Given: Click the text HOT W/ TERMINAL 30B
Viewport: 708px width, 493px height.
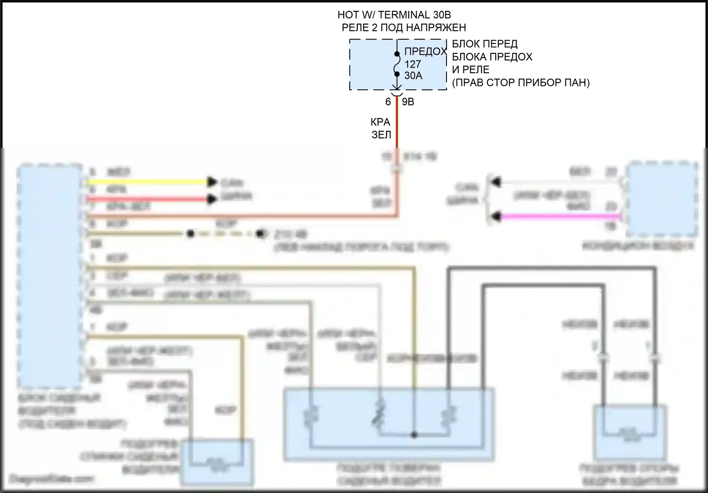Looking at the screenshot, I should [x=391, y=15].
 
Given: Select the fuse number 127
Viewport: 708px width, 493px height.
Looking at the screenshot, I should [x=412, y=64].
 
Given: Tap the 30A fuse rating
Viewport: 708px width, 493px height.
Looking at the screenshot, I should [x=413, y=76].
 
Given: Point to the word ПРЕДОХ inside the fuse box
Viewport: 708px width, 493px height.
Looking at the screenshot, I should [x=425, y=52].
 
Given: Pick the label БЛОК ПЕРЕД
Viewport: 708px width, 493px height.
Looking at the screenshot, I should [x=485, y=44].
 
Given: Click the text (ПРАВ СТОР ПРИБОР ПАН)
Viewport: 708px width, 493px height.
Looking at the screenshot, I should [x=521, y=83].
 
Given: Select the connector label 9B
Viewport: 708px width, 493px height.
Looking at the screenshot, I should [x=408, y=102].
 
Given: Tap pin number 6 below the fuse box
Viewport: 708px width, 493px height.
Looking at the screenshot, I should [x=388, y=102].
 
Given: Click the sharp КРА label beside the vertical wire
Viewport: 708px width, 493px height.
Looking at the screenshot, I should [x=380, y=122].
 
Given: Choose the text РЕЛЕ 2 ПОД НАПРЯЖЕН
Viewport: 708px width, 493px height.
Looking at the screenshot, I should [x=404, y=28].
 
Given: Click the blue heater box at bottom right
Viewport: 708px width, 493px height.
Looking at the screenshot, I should [x=630, y=432].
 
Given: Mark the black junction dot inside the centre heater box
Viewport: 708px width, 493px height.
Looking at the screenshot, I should [x=414, y=435].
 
